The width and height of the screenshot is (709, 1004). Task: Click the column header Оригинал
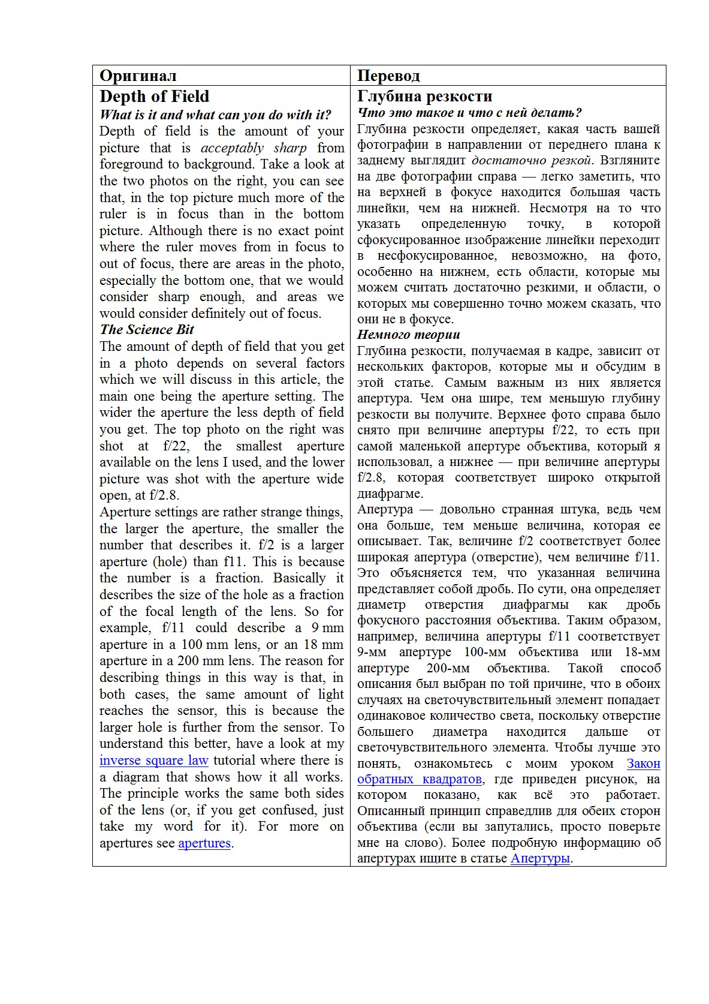point(138,76)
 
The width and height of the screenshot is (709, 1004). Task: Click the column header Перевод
point(388,76)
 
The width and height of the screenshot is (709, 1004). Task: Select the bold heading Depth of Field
point(154,97)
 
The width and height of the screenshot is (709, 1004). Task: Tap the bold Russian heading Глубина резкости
point(424,97)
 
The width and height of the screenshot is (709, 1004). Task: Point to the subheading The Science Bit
point(147,329)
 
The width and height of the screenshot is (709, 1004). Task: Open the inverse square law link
point(153,760)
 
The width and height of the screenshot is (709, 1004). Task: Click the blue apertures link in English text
point(204,843)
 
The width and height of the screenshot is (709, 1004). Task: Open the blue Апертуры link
point(539,858)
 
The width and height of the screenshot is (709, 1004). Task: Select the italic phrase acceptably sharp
point(254,148)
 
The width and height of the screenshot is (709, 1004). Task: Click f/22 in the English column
point(176,446)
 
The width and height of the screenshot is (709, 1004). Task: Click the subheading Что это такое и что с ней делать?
point(469,113)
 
